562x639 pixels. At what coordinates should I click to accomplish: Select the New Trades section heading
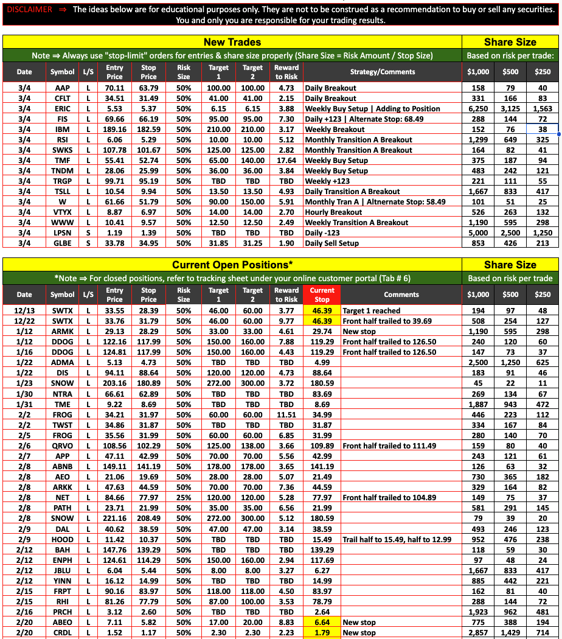[232, 42]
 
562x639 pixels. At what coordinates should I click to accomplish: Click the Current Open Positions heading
[232, 265]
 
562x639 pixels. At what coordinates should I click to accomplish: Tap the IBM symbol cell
[62, 130]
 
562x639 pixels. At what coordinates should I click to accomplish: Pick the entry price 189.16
[114, 130]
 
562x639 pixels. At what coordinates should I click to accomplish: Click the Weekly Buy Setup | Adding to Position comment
[372, 109]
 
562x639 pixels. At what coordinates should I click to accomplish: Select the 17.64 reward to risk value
[286, 161]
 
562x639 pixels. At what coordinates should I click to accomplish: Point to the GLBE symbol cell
[62, 243]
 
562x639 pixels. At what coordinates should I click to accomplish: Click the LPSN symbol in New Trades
[62, 233]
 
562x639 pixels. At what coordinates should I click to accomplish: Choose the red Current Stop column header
[322, 295]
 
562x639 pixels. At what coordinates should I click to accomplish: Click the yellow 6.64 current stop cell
[322, 623]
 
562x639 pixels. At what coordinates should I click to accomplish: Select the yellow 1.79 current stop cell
[322, 633]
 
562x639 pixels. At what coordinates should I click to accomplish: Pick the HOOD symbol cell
[62, 539]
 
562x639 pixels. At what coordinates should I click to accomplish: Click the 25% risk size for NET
[184, 498]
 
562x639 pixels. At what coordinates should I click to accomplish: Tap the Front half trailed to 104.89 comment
[389, 498]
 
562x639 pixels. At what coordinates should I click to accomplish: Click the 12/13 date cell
[24, 311]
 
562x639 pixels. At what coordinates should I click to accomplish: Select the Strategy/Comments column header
[383, 72]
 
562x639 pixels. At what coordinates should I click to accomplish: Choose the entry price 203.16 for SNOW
[114, 383]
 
